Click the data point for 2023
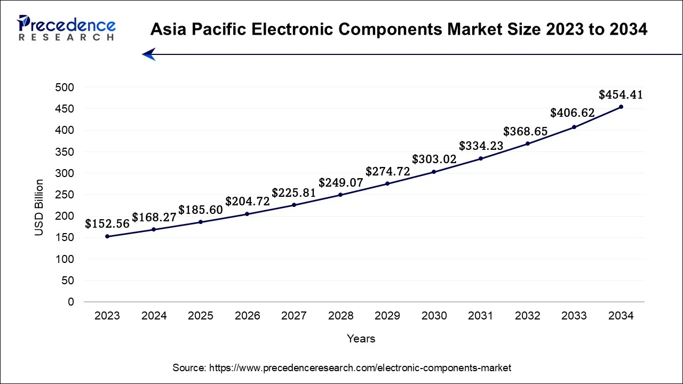(107, 236)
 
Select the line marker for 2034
(621, 107)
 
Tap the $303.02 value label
(434, 159)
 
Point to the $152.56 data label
(107, 224)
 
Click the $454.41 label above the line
(621, 95)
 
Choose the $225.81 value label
(294, 193)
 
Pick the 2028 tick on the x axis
(340, 316)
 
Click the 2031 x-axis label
(481, 316)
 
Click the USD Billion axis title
(39, 208)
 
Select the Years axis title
(361, 339)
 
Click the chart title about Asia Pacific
(399, 30)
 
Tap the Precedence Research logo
(67, 28)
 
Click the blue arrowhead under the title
(148, 54)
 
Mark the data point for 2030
(434, 172)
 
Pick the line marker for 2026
(247, 214)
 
